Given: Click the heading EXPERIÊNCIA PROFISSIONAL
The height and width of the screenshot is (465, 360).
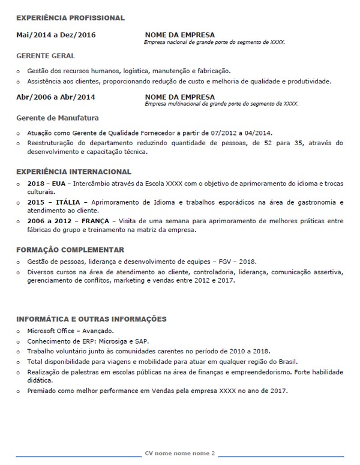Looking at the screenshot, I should (70, 18).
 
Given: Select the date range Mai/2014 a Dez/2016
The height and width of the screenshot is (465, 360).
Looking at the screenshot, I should (56, 35).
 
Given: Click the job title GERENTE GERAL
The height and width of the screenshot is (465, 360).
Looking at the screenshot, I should (46, 56).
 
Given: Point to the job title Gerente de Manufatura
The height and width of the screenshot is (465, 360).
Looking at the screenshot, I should (58, 118).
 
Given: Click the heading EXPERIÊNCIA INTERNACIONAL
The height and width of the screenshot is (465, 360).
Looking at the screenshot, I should (74, 172).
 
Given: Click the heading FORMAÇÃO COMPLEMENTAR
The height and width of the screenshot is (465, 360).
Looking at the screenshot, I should (70, 250).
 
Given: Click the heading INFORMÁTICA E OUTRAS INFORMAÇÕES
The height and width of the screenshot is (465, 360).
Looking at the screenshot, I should (91, 319).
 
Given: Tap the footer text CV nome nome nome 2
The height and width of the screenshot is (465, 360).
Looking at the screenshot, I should (179, 453).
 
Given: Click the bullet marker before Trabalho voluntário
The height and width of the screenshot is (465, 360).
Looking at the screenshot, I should (19, 352).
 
